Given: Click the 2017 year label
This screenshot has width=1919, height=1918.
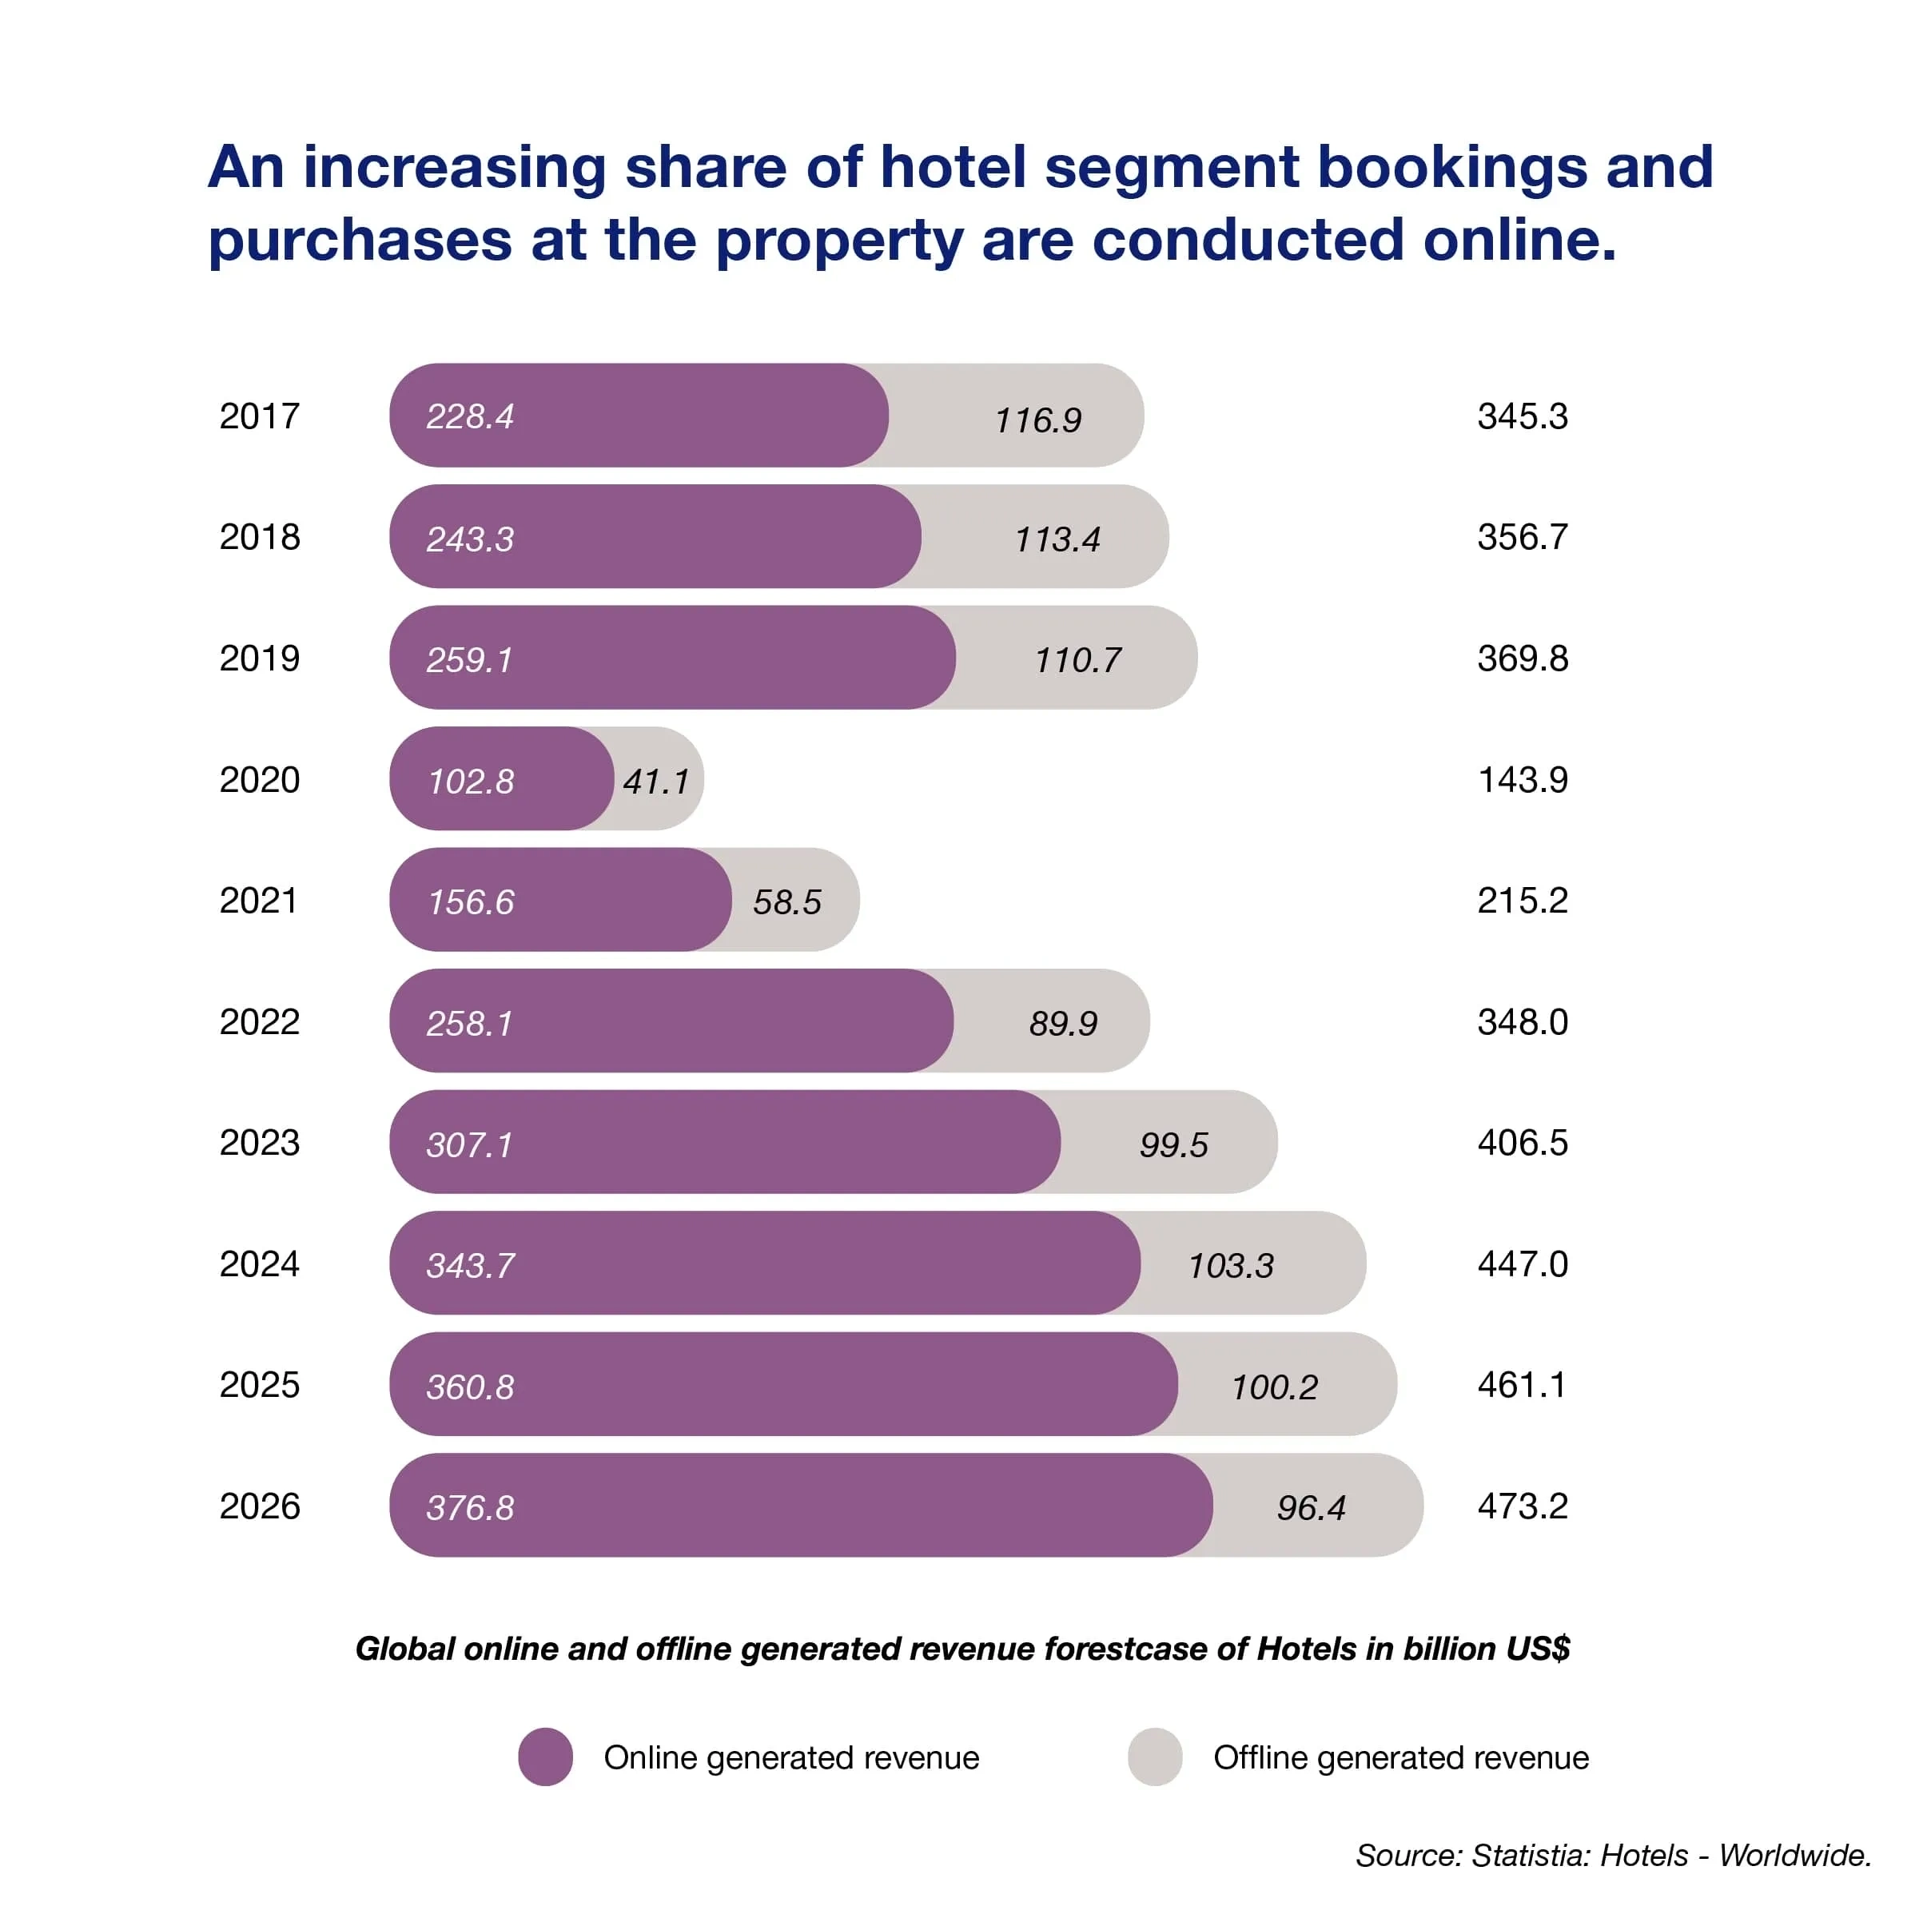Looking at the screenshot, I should coord(259,416).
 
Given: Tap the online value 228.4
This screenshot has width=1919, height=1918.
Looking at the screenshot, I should coord(470,417).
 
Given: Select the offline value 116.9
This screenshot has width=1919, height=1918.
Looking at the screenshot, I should coord(1038,421).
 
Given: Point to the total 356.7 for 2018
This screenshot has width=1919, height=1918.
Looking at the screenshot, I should coord(1522,537).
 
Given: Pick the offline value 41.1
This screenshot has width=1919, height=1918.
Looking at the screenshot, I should coord(655,782).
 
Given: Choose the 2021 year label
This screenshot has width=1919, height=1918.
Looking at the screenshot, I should coord(258,901).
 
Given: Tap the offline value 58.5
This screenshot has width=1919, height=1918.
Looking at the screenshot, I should coord(786,903).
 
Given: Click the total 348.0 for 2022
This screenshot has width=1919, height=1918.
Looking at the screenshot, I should coord(1522,1022).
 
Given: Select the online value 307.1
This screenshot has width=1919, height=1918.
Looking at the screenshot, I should coord(469,1145).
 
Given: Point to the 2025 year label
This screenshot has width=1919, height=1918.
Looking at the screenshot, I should coord(259,1385).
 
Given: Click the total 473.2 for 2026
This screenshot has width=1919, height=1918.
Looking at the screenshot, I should coord(1522,1506).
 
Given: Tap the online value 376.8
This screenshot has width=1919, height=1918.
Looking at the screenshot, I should coord(470,1509).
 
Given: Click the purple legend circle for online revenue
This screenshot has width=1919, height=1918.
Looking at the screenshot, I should coord(545,1757).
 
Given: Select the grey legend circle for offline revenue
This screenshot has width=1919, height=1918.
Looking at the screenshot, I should coord(1154,1757).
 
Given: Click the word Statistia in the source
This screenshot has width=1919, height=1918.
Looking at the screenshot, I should coord(1530,1856).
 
